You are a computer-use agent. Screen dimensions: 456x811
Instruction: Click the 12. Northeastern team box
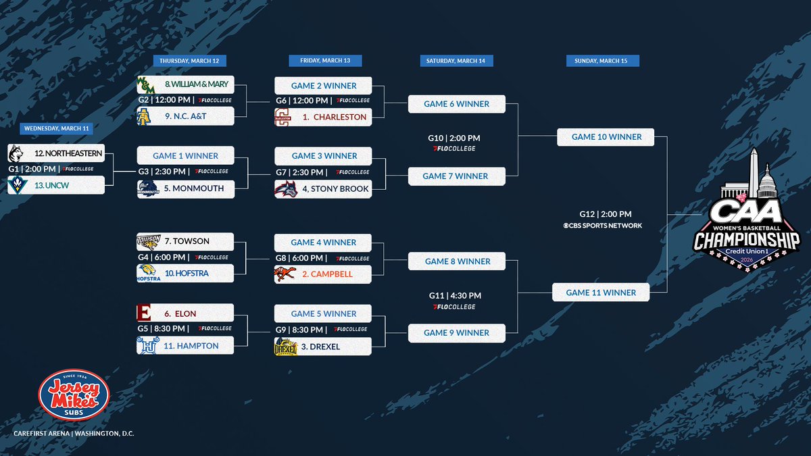tap(56, 153)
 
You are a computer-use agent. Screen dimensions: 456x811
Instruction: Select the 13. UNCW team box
tap(56, 185)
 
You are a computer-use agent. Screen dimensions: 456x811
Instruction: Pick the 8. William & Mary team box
tap(186, 85)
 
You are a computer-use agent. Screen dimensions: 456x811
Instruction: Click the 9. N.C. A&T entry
tap(186, 116)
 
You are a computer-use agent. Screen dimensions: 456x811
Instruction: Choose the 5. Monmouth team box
tap(186, 188)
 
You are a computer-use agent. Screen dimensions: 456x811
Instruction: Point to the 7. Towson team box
tap(186, 241)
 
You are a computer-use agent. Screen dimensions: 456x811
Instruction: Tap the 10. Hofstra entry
tap(186, 273)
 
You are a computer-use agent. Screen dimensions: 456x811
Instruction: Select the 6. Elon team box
tap(186, 313)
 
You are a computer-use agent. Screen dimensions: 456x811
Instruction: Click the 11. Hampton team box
tap(186, 345)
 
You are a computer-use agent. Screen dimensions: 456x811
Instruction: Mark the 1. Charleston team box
tap(323, 117)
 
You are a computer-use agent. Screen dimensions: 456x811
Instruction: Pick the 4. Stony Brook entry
tap(323, 188)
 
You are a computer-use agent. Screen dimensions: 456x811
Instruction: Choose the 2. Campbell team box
tap(323, 274)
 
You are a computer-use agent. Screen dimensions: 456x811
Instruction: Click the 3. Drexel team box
tap(323, 347)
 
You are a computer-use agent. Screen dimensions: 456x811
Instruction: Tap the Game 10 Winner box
tap(606, 137)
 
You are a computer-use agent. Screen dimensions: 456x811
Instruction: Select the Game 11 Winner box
tap(601, 293)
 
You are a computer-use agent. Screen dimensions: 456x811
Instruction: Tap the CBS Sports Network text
tap(602, 226)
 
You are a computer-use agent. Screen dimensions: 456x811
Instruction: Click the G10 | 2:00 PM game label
tap(453, 138)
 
